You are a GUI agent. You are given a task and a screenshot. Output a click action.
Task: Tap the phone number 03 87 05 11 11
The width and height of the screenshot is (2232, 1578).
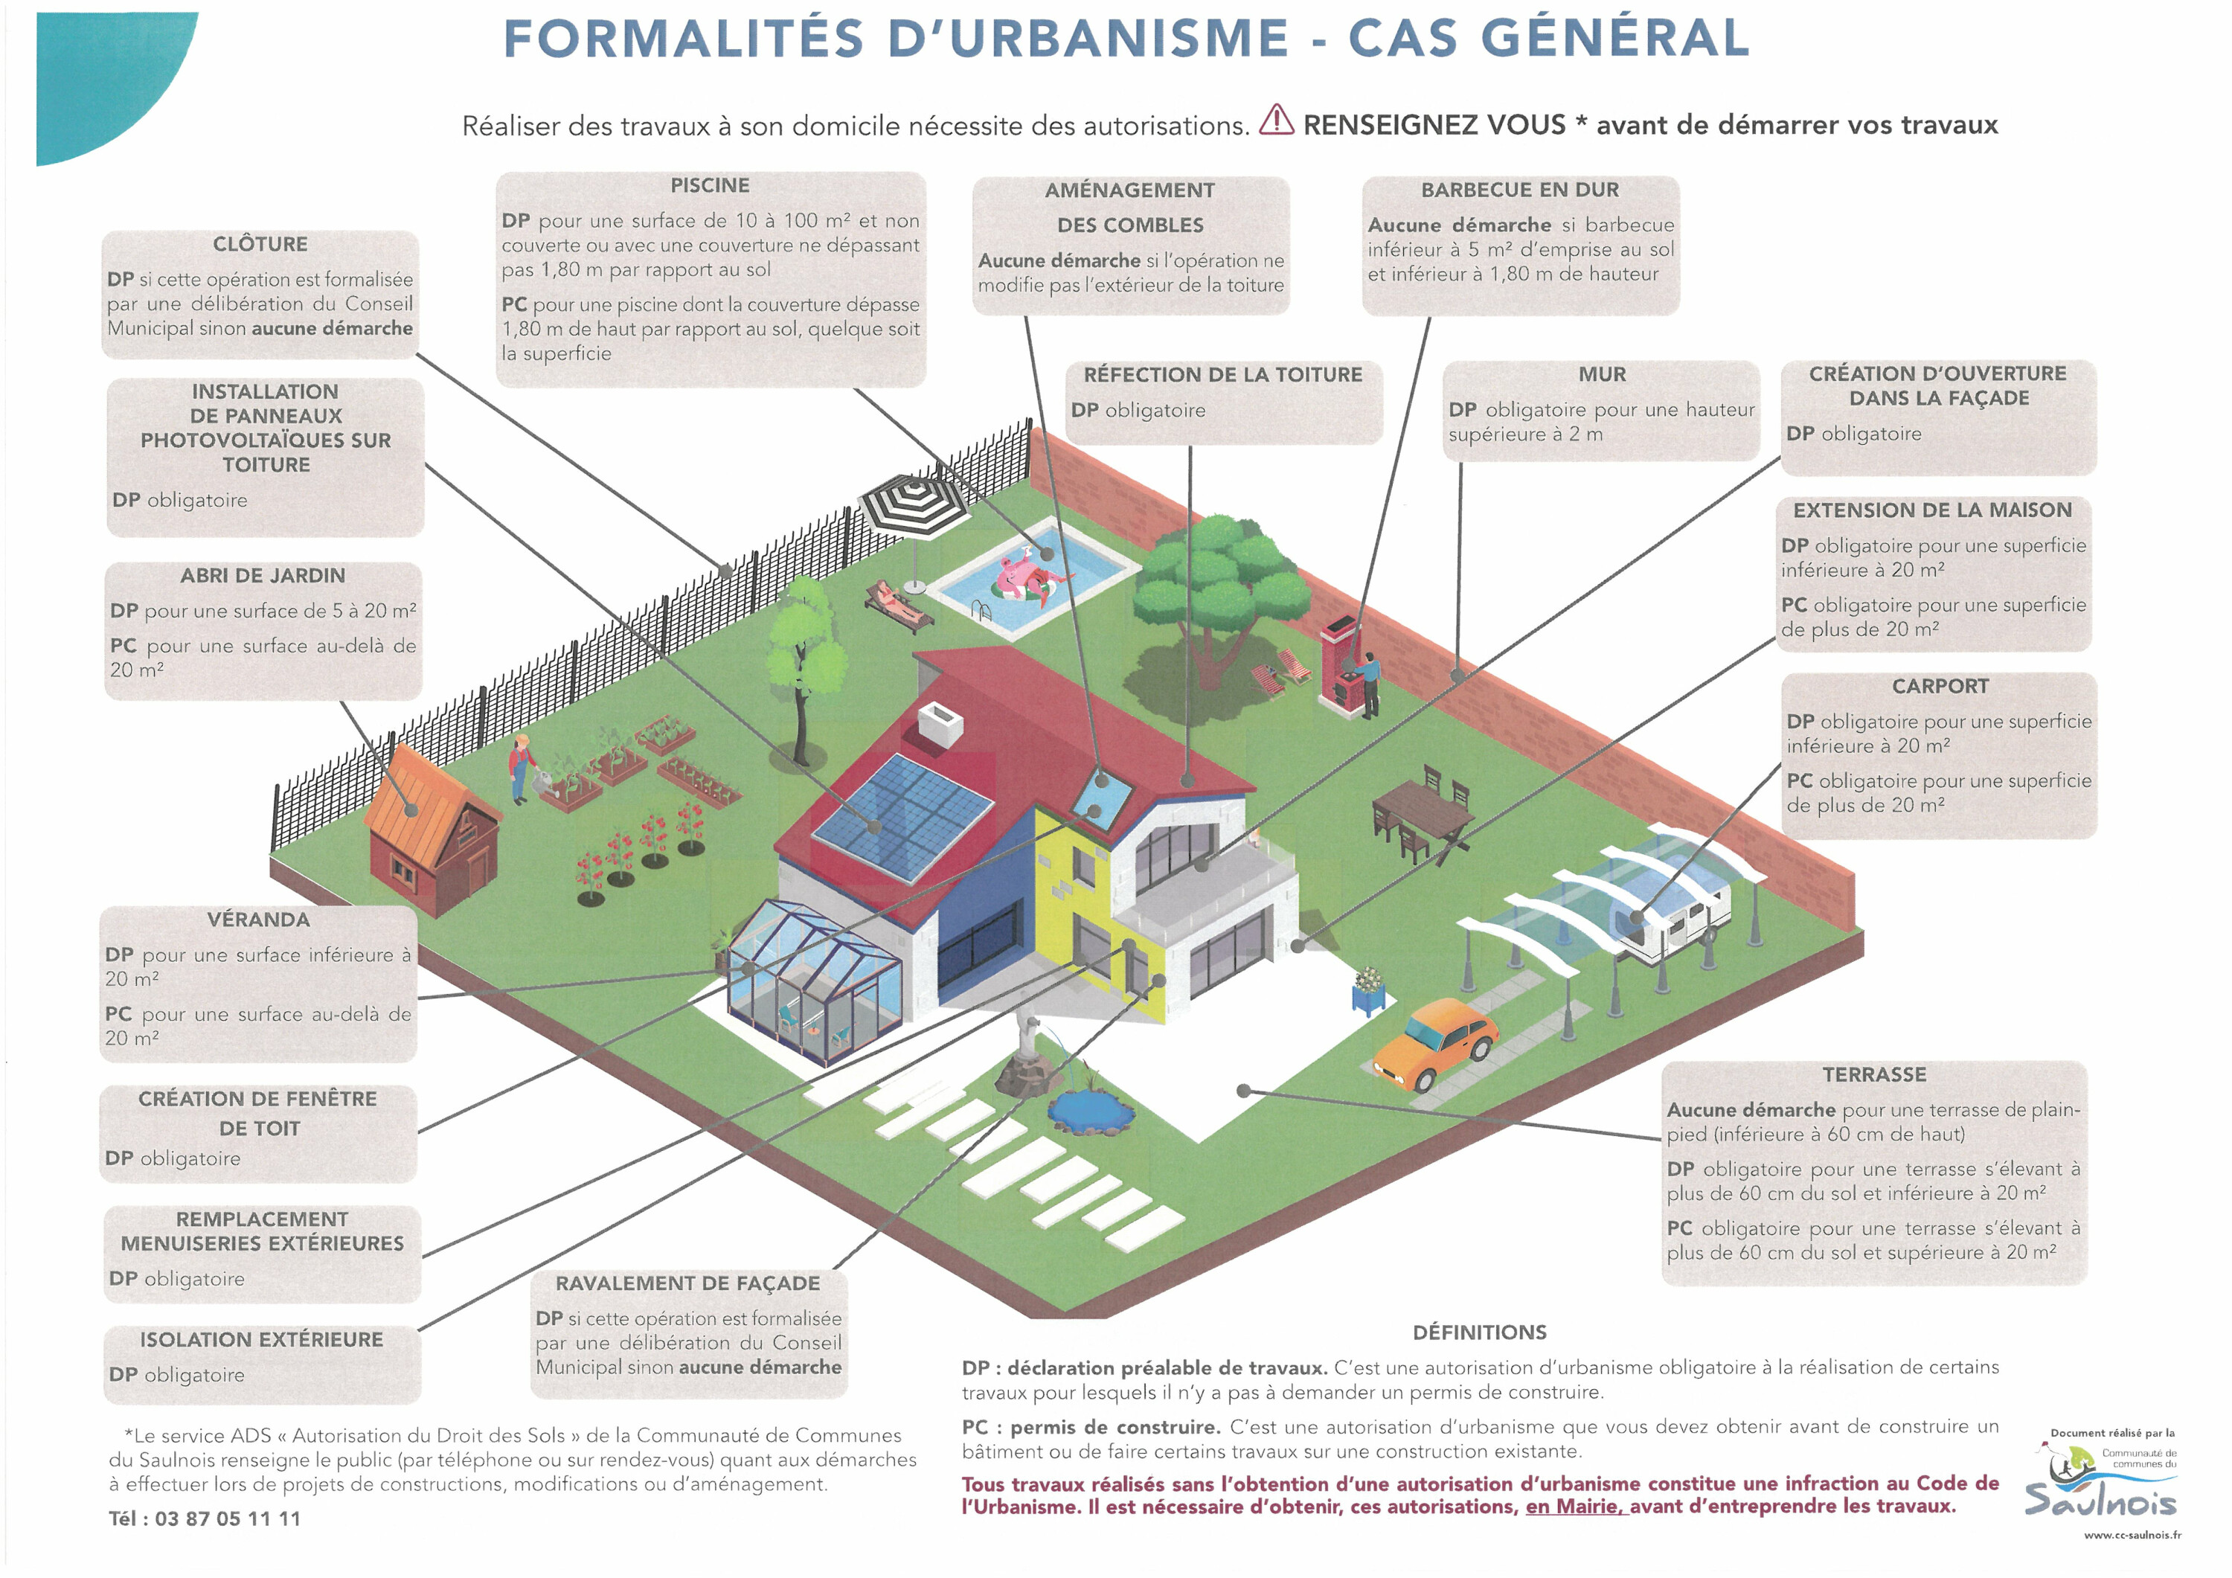click(228, 1518)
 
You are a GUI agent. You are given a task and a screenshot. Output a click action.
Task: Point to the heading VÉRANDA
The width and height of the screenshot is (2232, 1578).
click(259, 920)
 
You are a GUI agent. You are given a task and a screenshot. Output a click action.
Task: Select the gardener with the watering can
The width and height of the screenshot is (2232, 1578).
click(523, 768)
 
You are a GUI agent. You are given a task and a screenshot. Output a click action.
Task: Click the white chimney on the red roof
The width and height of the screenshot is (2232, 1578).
click(940, 725)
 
